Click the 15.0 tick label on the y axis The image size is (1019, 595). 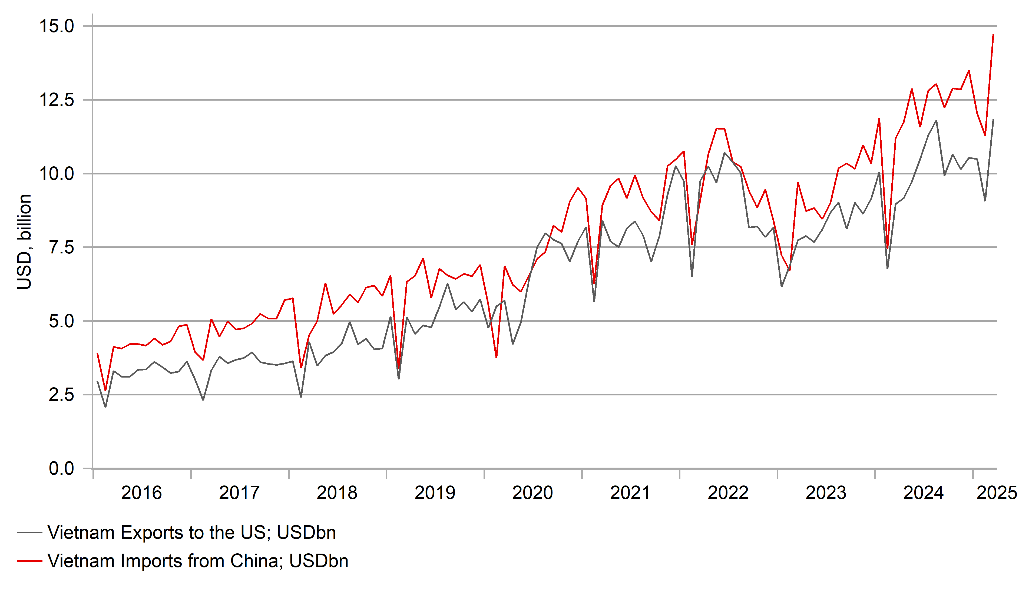click(57, 26)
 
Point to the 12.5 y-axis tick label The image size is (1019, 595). click(57, 100)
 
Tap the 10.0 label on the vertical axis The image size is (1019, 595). click(57, 174)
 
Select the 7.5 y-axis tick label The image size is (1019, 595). click(61, 247)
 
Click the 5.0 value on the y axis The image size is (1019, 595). click(61, 322)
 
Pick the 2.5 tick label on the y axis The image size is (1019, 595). click(61, 395)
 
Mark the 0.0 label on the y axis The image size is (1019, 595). click(61, 469)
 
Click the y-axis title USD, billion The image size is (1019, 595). click(24, 242)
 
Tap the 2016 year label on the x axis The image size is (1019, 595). click(141, 493)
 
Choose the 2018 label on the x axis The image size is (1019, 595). click(337, 493)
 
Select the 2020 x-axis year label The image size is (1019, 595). click(532, 493)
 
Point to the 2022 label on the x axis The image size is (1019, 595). click(728, 493)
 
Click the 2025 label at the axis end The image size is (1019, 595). click(997, 493)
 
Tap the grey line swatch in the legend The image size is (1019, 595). click(29, 533)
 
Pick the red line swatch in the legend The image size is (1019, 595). click(29, 561)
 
